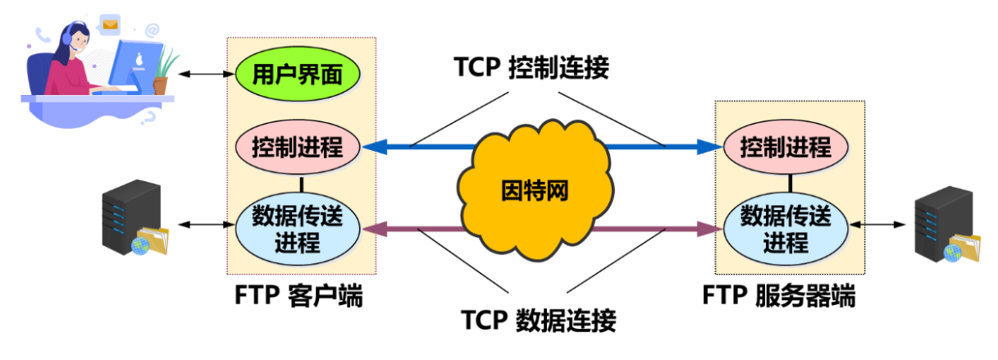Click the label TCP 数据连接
point(538,319)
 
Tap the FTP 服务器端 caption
point(779,295)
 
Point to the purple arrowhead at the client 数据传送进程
point(374,230)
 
